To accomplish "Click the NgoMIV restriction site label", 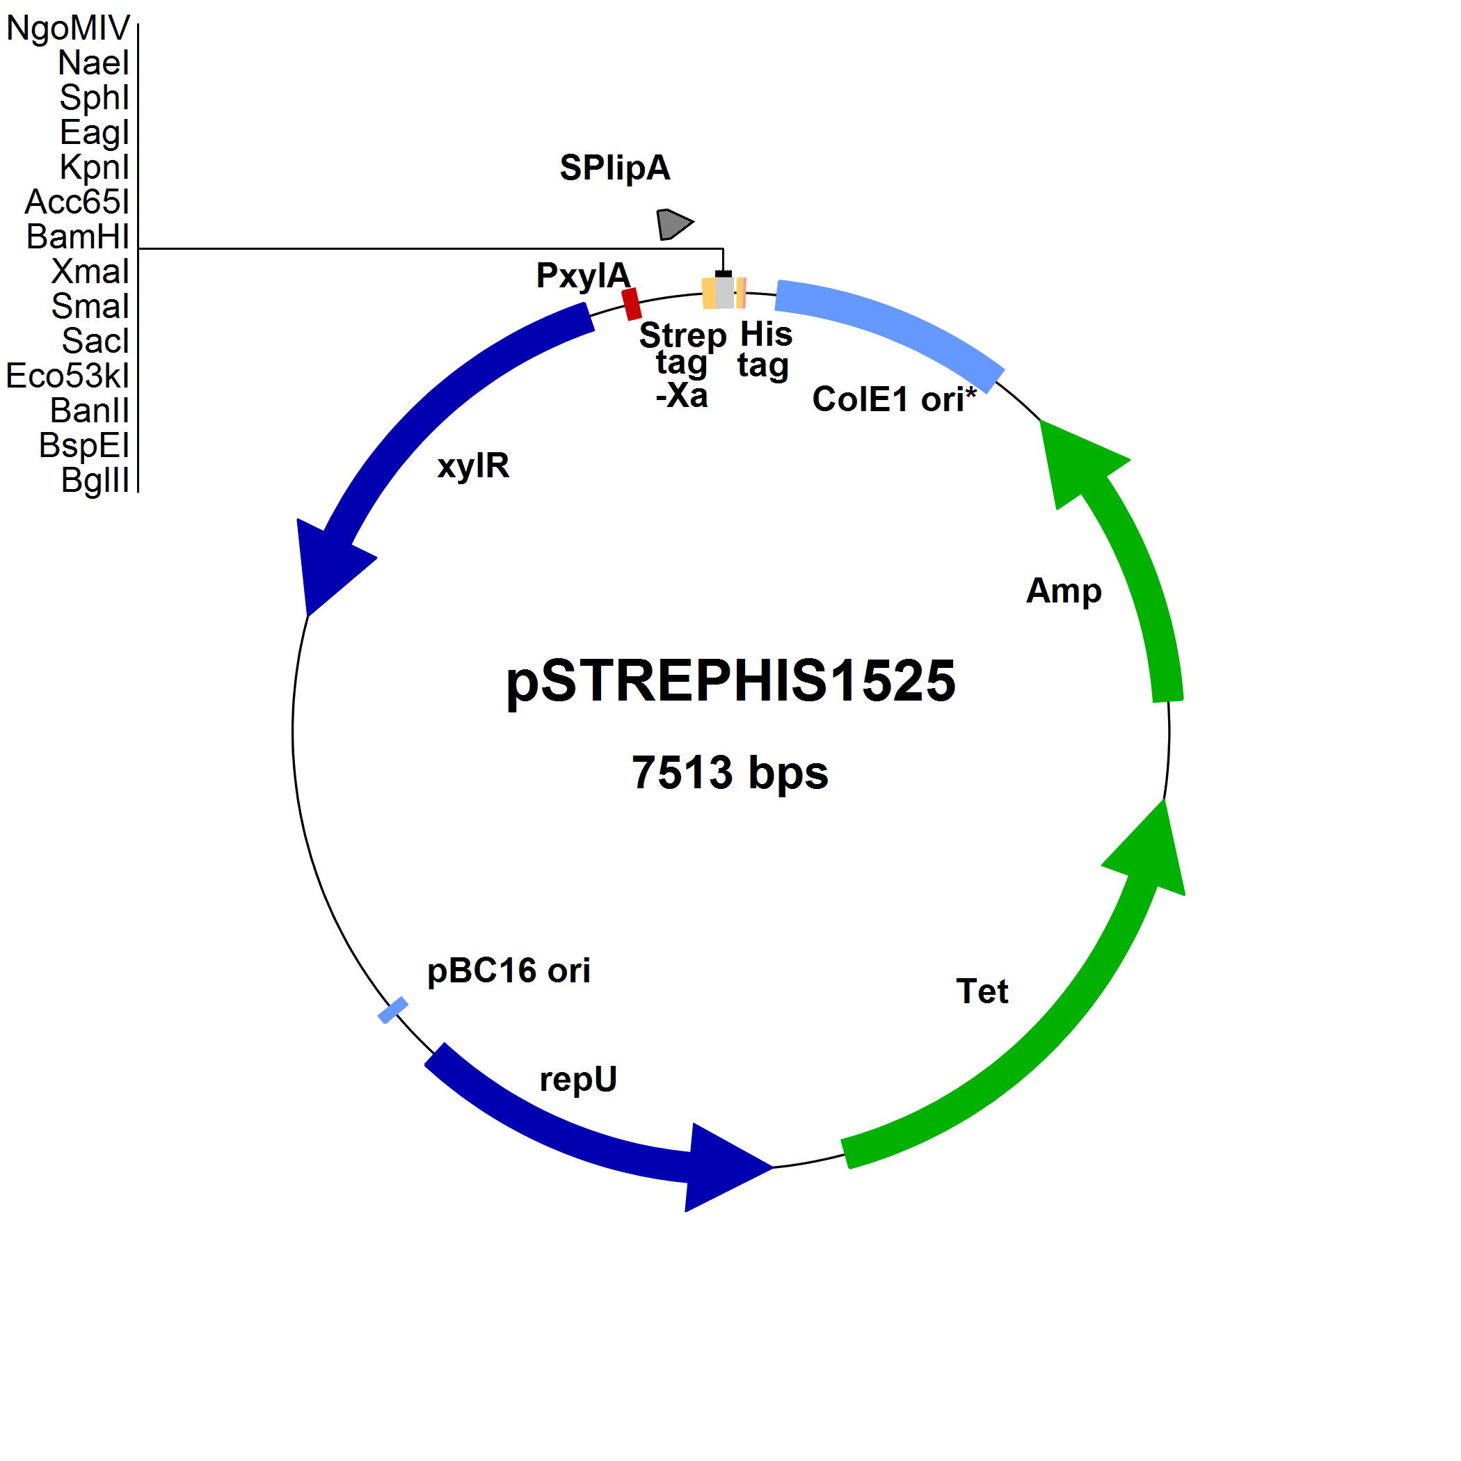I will pyautogui.click(x=68, y=29).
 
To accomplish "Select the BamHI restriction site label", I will pyautogui.click(x=78, y=237).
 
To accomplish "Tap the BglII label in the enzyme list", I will pyautogui.click(x=95, y=480).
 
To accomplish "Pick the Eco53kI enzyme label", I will pyautogui.click(x=68, y=376).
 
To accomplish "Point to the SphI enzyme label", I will pyautogui.click(x=95, y=97).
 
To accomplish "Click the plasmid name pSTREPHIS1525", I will pyautogui.click(x=730, y=680).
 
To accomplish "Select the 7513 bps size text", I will pyautogui.click(x=730, y=773).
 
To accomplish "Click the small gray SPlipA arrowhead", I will pyautogui.click(x=672, y=224).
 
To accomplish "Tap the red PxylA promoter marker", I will pyautogui.click(x=632, y=304).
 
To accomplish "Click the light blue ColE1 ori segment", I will pyautogui.click(x=893, y=325).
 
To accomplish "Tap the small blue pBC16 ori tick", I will pyautogui.click(x=392, y=1010).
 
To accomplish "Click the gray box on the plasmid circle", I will pyautogui.click(x=724, y=293).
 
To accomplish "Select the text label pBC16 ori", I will pyautogui.click(x=508, y=971).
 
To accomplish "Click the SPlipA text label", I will pyautogui.click(x=615, y=168).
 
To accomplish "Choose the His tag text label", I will pyautogui.click(x=765, y=349).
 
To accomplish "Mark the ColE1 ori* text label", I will pyautogui.click(x=894, y=399).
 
